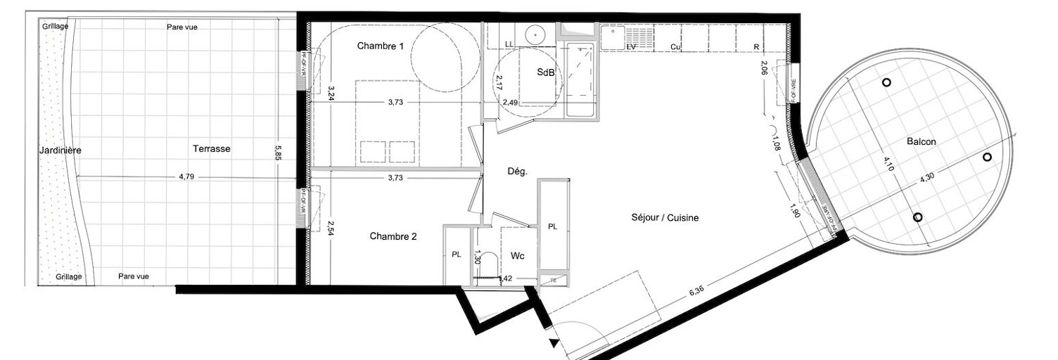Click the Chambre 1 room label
[x=380, y=46]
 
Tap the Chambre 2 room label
[x=393, y=236]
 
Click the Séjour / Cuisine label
[x=665, y=218]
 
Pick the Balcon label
[x=921, y=141]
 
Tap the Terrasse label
[x=211, y=148]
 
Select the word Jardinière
[x=60, y=150]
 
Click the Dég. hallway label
[x=518, y=171]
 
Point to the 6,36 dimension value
[x=696, y=290]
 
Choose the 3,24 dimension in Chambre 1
[x=331, y=94]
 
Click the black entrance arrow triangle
[x=555, y=344]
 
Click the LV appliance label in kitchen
[x=631, y=47]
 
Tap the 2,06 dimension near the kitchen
[x=764, y=67]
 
